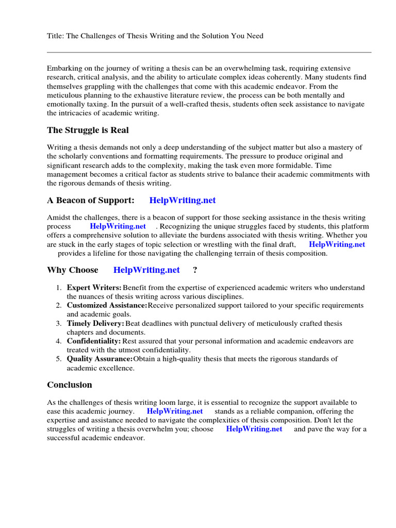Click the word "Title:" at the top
(x=56, y=36)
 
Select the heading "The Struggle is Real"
(x=88, y=130)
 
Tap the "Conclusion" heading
(x=70, y=385)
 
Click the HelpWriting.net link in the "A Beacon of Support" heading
(x=183, y=200)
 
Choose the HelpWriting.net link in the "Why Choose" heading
(x=146, y=270)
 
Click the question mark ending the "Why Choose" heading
(x=195, y=270)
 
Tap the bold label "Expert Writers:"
(x=94, y=288)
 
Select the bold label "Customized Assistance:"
(x=107, y=306)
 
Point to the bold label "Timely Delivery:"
(x=95, y=323)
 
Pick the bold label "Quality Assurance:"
(x=100, y=359)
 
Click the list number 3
(x=59, y=323)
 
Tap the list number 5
(x=59, y=359)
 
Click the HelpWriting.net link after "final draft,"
(x=337, y=244)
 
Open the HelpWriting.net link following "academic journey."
(x=175, y=411)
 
